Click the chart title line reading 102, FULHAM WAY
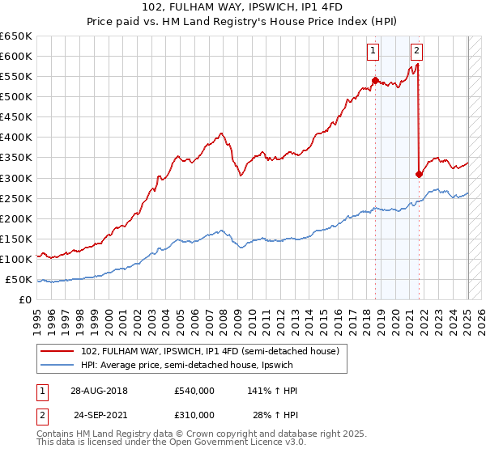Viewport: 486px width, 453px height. point(243,9)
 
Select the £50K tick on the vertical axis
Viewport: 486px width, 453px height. point(19,280)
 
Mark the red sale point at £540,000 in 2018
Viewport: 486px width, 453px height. point(375,80)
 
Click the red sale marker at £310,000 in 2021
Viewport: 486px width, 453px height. point(419,173)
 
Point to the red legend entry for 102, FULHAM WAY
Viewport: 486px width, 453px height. point(215,350)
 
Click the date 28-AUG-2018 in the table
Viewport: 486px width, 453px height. point(99,391)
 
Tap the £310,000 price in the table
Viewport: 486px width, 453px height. point(194,415)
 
